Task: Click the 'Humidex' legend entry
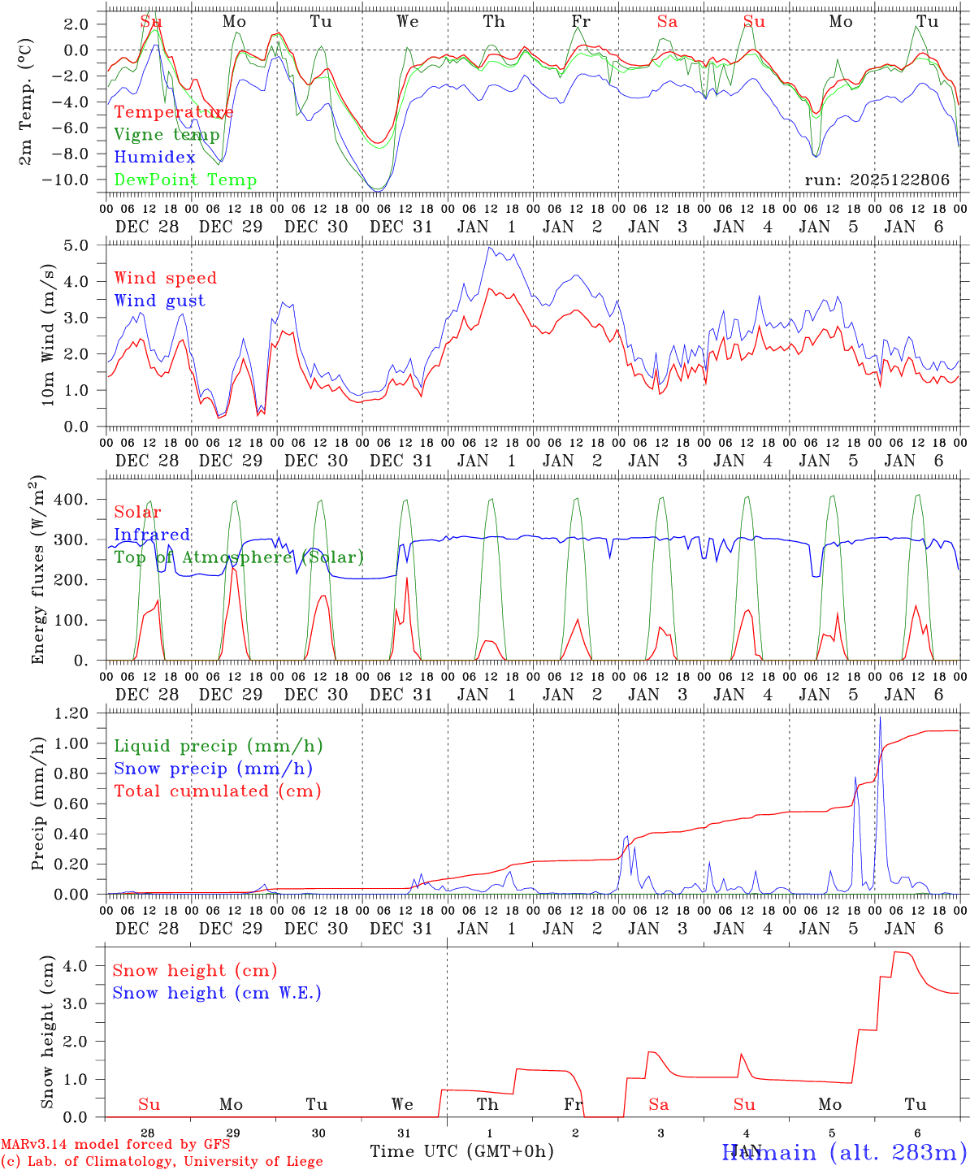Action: (x=154, y=158)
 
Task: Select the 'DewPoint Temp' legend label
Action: (x=185, y=180)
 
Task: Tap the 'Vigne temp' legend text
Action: (x=167, y=135)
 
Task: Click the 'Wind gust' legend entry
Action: (x=159, y=301)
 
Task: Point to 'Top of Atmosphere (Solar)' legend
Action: (x=239, y=557)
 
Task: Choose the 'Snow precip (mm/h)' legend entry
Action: (x=213, y=769)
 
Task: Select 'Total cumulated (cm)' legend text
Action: (x=217, y=791)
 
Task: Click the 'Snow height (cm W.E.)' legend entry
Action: (x=216, y=993)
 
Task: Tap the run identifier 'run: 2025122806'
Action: (x=877, y=180)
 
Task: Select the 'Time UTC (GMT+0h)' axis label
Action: (x=461, y=1151)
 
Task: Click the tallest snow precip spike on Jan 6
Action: (x=880, y=718)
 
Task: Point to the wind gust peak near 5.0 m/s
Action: (x=489, y=249)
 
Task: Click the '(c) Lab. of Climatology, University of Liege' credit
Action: (x=162, y=1162)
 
